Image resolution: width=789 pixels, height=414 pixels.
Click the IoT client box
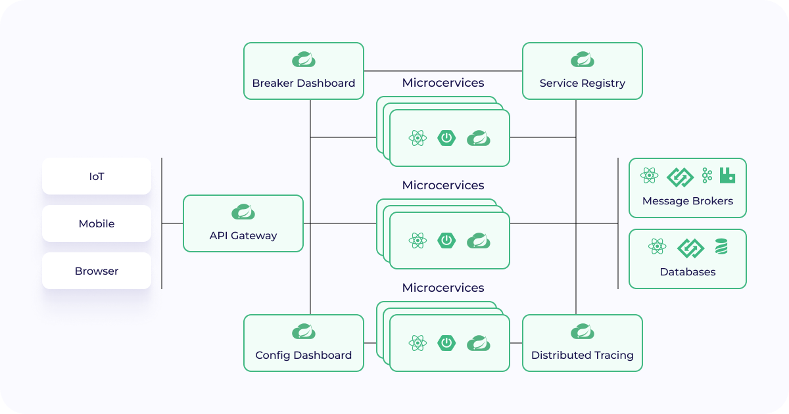click(97, 176)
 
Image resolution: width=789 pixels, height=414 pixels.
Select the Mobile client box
click(97, 223)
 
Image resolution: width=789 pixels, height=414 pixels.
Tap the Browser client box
click(97, 271)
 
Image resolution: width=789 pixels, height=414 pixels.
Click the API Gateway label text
click(243, 235)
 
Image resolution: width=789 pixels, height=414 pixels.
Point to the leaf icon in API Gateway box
click(243, 212)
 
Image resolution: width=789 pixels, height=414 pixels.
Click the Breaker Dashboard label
click(304, 83)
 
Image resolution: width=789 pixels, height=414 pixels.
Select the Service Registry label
click(583, 83)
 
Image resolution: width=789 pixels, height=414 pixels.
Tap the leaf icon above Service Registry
click(583, 60)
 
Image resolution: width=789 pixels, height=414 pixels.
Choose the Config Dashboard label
click(304, 355)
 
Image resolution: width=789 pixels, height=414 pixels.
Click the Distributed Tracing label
click(583, 355)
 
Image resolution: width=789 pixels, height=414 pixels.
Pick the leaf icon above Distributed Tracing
click(583, 331)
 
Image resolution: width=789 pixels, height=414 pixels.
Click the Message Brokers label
click(688, 201)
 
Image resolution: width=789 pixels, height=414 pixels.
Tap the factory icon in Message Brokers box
click(727, 175)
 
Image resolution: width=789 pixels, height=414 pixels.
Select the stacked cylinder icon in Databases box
click(721, 247)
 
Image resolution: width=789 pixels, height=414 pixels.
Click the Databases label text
click(688, 271)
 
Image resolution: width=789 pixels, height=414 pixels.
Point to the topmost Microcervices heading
click(443, 83)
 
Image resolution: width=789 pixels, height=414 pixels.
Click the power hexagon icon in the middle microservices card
click(447, 241)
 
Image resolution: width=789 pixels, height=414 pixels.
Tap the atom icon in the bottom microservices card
click(418, 343)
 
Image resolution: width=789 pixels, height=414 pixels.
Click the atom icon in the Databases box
click(657, 247)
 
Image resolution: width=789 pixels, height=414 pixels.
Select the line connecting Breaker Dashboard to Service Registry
click(443, 70)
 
